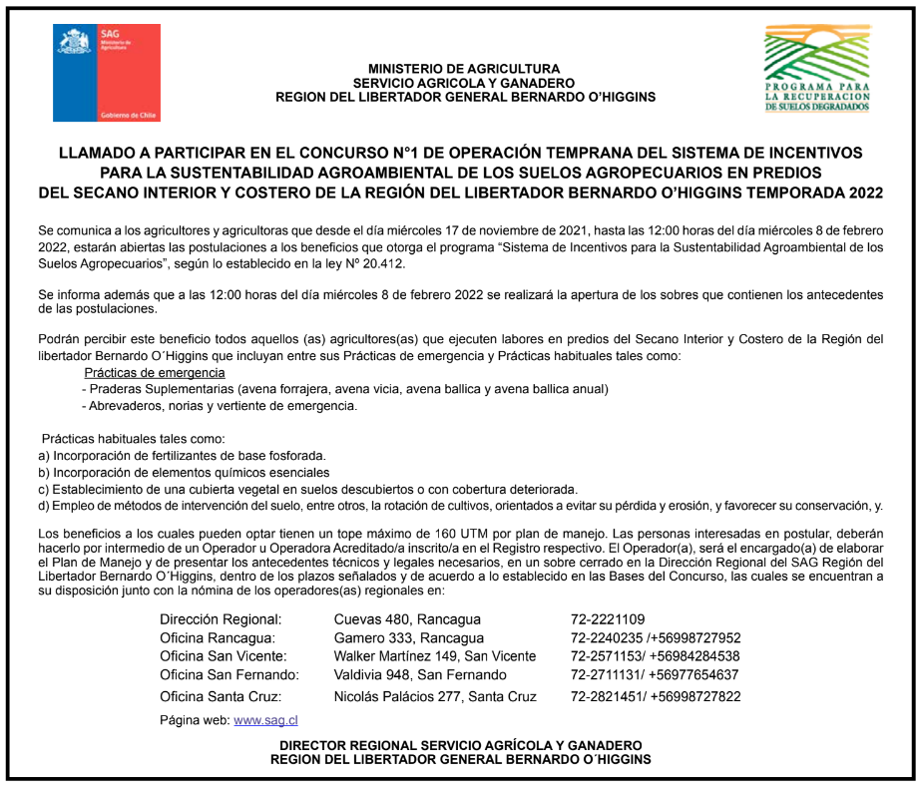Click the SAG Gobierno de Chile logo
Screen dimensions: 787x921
[x=107, y=74]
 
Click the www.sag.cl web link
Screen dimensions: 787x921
[x=265, y=719]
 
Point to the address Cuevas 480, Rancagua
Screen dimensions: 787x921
[x=407, y=618]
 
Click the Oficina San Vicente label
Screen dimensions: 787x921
[x=224, y=655]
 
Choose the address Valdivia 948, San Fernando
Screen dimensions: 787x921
[x=420, y=674]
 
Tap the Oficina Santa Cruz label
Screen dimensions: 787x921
[x=221, y=696]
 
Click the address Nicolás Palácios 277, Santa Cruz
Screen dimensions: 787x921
[x=435, y=696]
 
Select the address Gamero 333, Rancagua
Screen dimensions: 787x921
[x=409, y=637]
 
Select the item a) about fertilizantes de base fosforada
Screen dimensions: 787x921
[x=183, y=455]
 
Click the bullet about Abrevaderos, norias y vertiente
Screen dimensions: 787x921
[x=220, y=406]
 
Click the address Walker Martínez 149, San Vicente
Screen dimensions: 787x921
[x=435, y=655]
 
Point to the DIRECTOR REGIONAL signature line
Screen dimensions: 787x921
[x=461, y=745]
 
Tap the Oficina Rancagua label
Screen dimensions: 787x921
[x=217, y=637]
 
